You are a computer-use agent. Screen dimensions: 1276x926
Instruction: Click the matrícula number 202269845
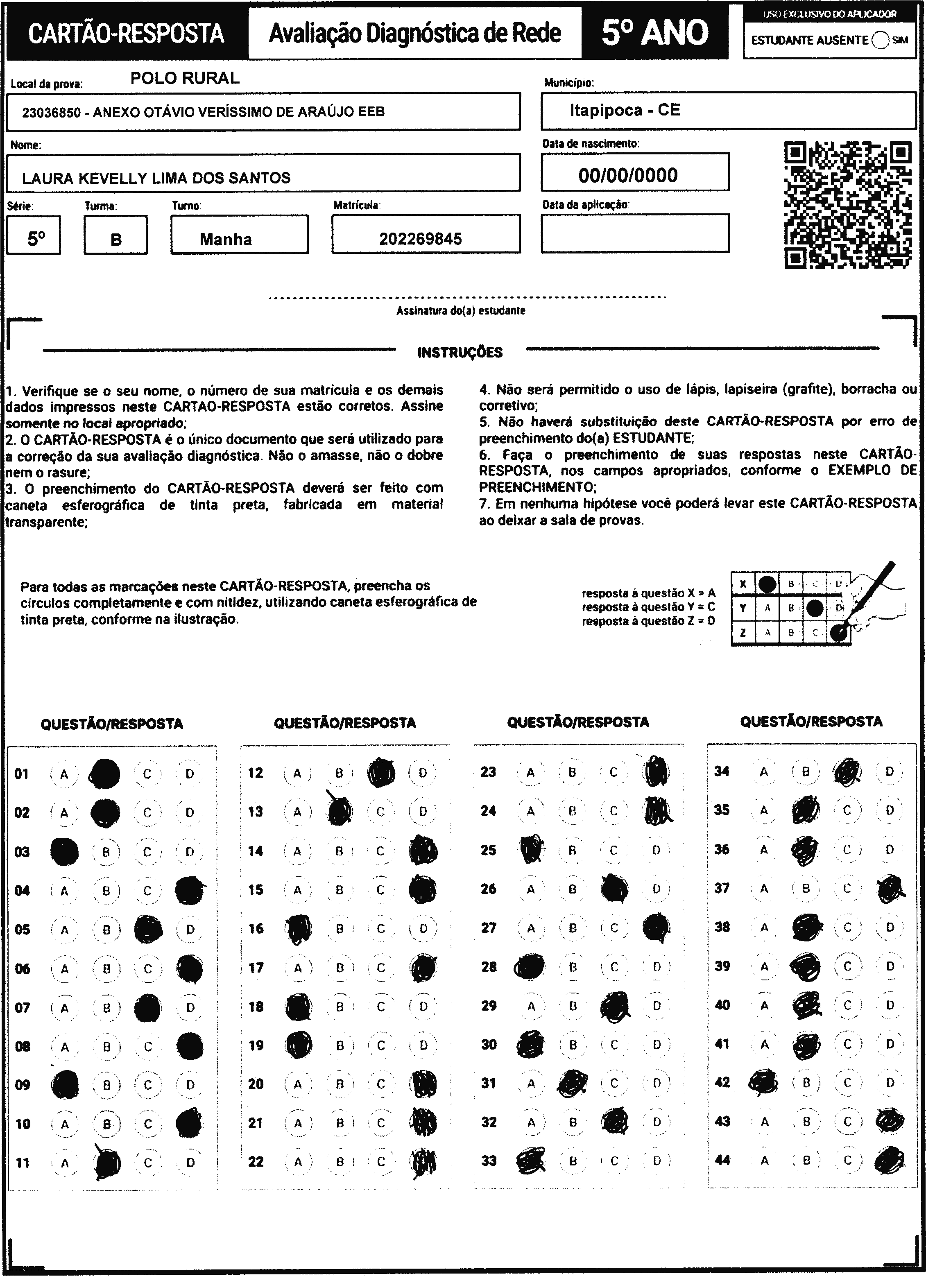[420, 239]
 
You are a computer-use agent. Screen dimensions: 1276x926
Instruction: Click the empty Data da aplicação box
[635, 233]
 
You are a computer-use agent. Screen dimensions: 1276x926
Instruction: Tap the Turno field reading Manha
[226, 239]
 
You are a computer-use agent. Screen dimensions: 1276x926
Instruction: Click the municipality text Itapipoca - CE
[625, 110]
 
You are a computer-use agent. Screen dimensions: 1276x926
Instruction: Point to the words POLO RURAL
[185, 78]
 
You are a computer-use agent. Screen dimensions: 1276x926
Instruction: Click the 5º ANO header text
[655, 33]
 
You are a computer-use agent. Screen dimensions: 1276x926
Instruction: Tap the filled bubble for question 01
[104, 774]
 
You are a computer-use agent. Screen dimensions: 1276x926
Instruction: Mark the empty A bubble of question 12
[298, 773]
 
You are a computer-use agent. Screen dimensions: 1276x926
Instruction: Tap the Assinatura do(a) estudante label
[461, 310]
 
